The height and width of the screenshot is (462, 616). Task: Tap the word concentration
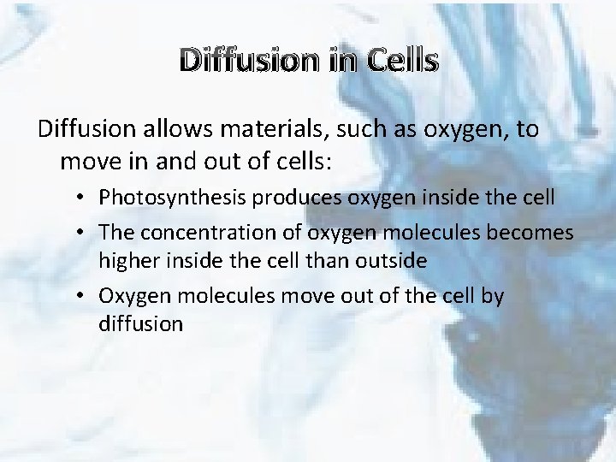(192, 233)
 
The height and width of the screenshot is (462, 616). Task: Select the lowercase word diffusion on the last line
(141, 324)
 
